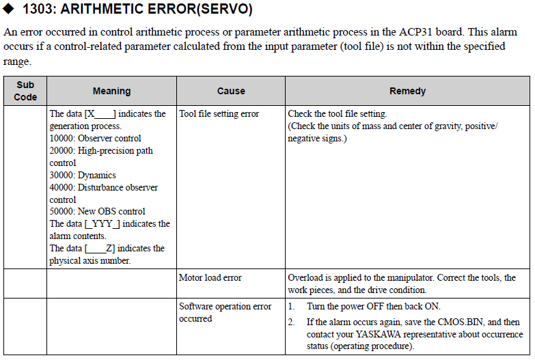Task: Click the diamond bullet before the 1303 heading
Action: (x=10, y=10)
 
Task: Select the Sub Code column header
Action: (x=25, y=91)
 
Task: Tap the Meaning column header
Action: (x=111, y=91)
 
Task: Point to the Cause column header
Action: (x=231, y=91)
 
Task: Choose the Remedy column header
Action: (x=407, y=91)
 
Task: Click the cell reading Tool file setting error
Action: (x=219, y=114)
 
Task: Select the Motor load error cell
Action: (x=210, y=278)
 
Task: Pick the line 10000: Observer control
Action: (x=95, y=139)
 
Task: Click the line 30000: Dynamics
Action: (x=83, y=176)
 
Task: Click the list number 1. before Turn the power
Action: (x=292, y=307)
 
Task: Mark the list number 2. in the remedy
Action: (x=292, y=322)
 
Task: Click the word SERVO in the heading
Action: (x=228, y=10)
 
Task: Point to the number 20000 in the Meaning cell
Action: (x=62, y=151)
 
